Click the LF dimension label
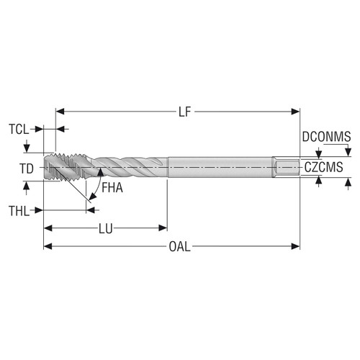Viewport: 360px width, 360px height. pyautogui.click(x=186, y=112)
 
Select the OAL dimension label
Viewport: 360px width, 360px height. pyautogui.click(x=179, y=247)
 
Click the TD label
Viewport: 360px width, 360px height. pyautogui.click(x=27, y=168)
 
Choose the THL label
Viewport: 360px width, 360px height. pyautogui.click(x=19, y=211)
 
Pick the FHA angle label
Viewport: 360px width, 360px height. pyautogui.click(x=112, y=189)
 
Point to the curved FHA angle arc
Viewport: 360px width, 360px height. pyautogui.click(x=94, y=189)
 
